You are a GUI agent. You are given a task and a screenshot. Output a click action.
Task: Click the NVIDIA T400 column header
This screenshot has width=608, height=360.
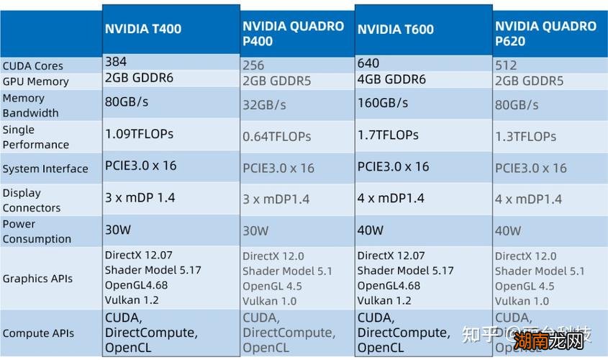[143, 30]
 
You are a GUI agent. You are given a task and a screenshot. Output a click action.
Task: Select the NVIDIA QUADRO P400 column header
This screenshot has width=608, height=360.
[293, 33]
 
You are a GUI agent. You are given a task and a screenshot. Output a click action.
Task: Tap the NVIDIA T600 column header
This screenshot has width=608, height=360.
[396, 30]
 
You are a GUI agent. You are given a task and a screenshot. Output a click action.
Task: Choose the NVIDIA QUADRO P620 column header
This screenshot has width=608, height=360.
[545, 33]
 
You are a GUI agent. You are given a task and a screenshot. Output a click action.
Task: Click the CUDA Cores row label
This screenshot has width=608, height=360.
[32, 66]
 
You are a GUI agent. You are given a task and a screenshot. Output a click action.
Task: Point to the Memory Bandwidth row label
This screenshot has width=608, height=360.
[30, 105]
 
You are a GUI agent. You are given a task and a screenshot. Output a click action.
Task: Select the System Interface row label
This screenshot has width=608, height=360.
[45, 169]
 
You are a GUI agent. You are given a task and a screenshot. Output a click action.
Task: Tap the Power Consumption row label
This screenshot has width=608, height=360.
[37, 231]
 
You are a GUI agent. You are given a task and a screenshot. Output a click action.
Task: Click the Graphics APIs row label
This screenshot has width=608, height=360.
[37, 279]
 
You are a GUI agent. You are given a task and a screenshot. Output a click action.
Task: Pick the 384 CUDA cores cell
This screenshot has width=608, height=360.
[115, 62]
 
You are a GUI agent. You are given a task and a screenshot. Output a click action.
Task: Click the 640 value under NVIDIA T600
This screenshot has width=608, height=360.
[368, 63]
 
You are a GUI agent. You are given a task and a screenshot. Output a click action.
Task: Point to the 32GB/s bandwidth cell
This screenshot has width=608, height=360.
[264, 105]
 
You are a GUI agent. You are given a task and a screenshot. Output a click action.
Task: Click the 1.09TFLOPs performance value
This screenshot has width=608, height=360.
[139, 134]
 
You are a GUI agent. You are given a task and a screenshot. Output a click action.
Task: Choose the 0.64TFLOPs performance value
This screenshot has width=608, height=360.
[276, 137]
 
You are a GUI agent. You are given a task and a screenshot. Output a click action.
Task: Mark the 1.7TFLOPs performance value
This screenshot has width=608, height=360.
[387, 134]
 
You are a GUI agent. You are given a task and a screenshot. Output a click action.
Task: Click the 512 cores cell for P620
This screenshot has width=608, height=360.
[506, 66]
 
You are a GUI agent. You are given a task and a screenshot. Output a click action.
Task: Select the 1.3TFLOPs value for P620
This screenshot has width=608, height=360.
[525, 137]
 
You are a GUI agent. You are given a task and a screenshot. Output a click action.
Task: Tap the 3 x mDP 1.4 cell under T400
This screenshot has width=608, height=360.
[140, 197]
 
